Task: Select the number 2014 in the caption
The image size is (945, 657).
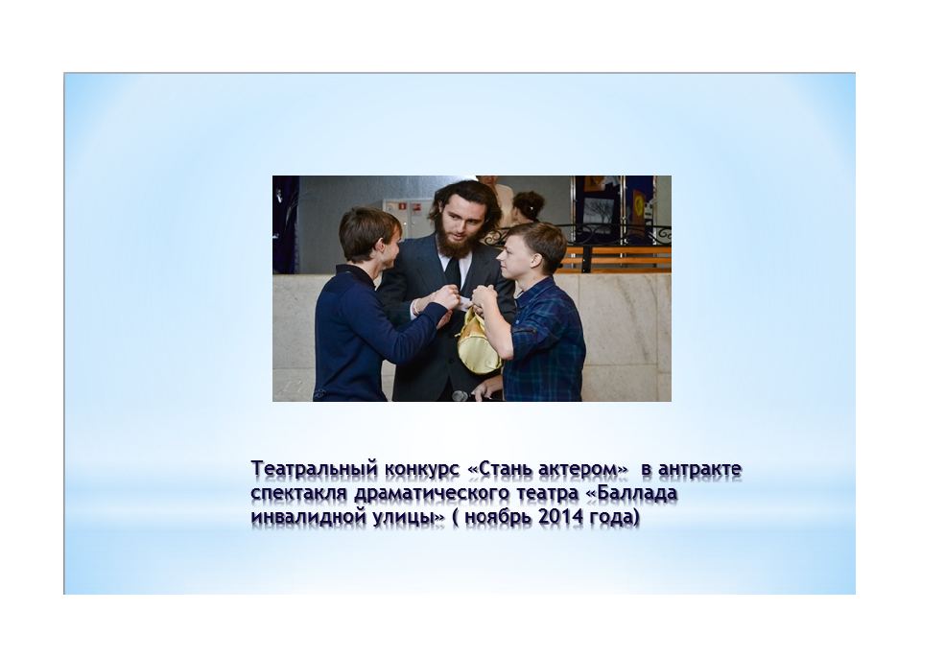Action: click(x=560, y=517)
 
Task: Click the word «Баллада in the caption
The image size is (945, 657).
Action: click(x=631, y=493)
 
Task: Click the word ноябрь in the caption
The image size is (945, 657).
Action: click(x=499, y=518)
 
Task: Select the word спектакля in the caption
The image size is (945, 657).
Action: click(x=299, y=493)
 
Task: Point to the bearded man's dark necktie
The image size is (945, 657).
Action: click(x=453, y=274)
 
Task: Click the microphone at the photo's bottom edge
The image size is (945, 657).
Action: click(x=461, y=396)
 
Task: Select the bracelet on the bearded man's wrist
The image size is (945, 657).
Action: click(x=415, y=307)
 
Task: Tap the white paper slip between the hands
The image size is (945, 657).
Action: click(x=463, y=302)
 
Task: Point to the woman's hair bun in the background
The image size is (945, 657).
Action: click(x=530, y=205)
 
